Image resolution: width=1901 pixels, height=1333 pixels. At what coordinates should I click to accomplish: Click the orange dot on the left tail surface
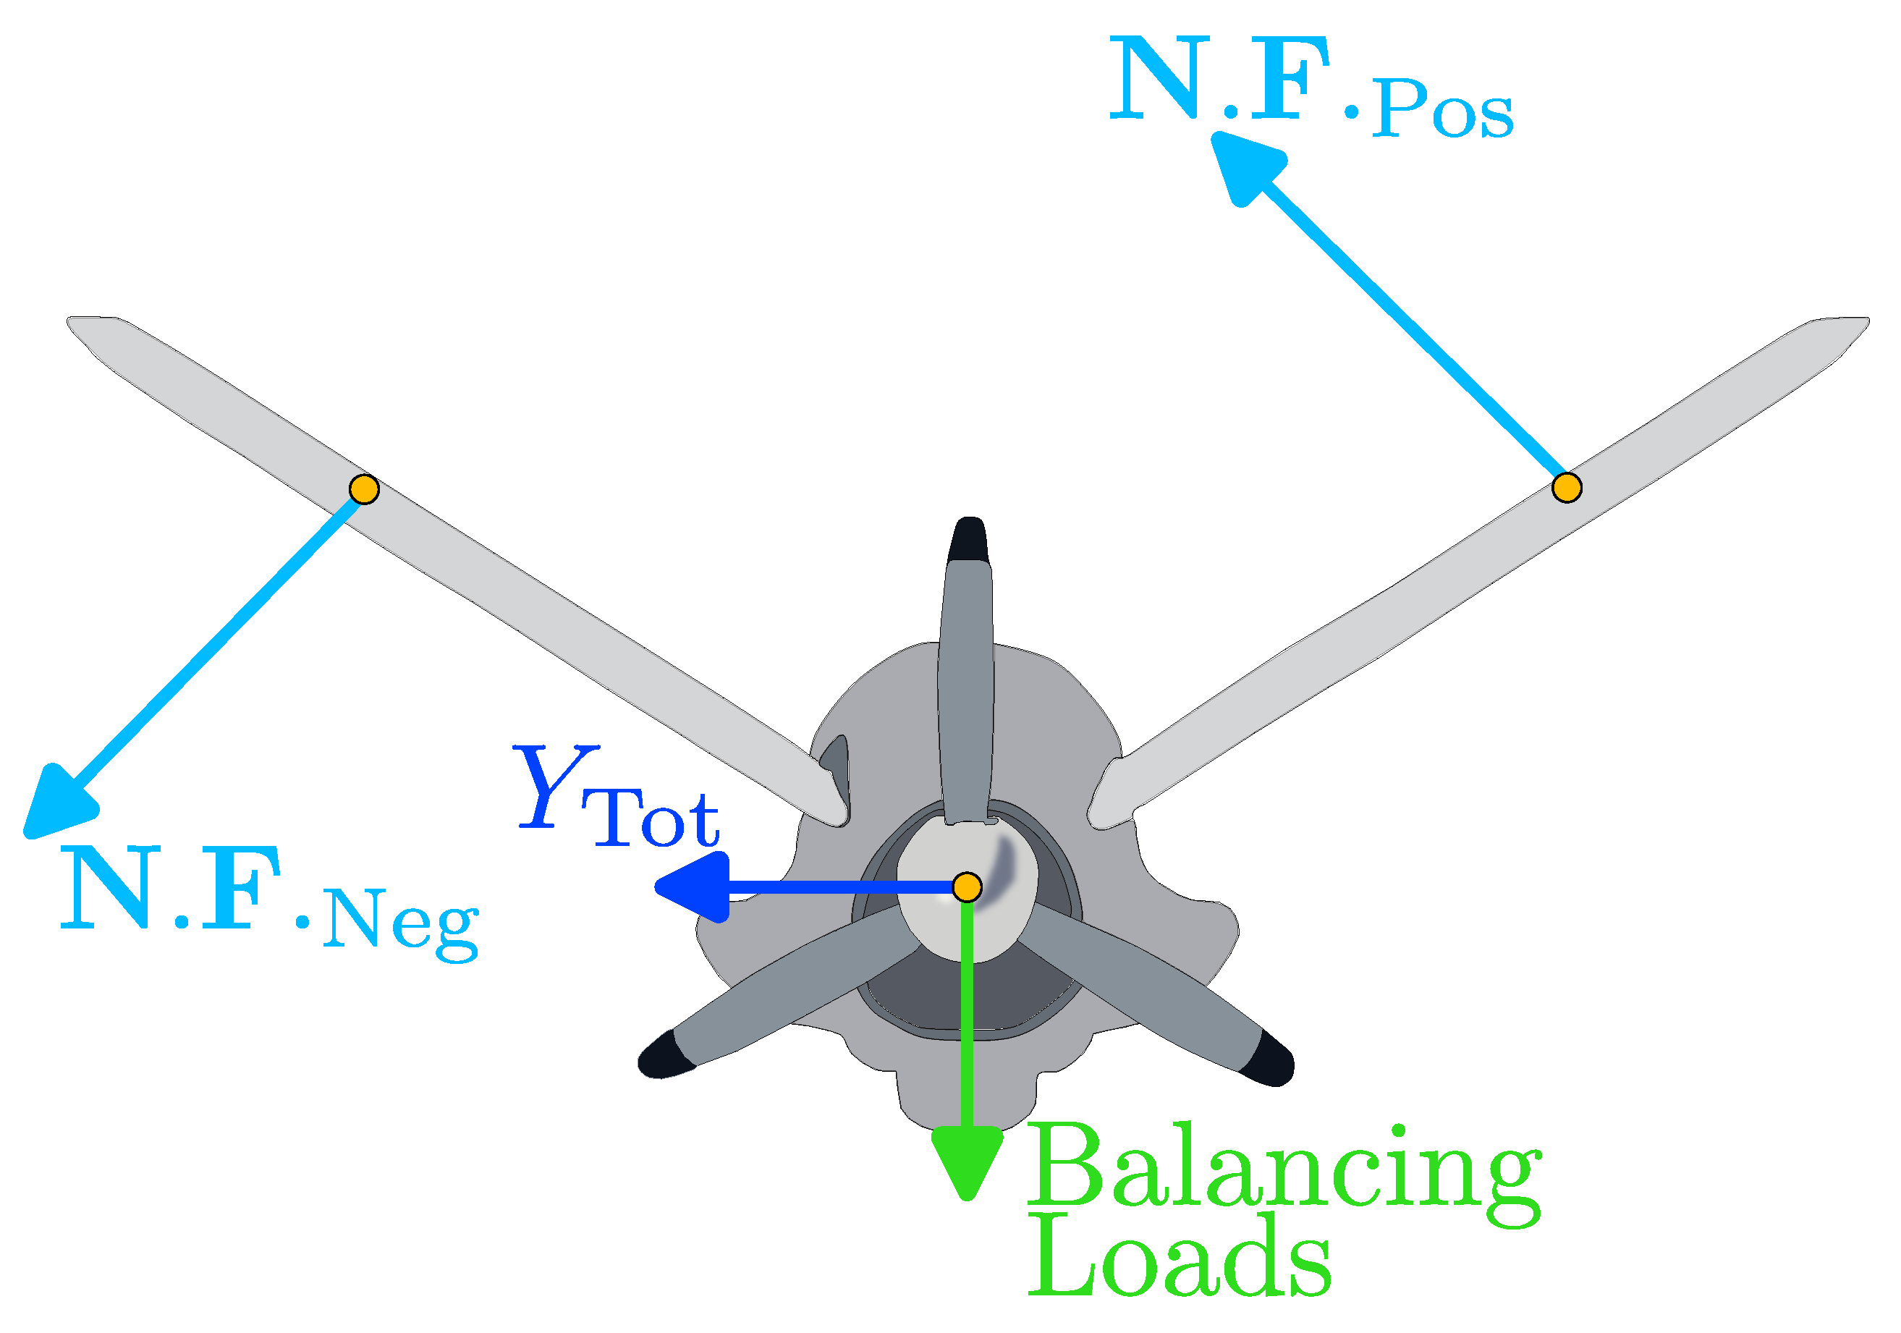pos(364,489)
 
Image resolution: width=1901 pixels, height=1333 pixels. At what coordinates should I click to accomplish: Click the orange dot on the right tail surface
pos(1566,488)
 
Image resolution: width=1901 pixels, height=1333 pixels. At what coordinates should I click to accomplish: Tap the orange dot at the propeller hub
pos(967,886)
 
